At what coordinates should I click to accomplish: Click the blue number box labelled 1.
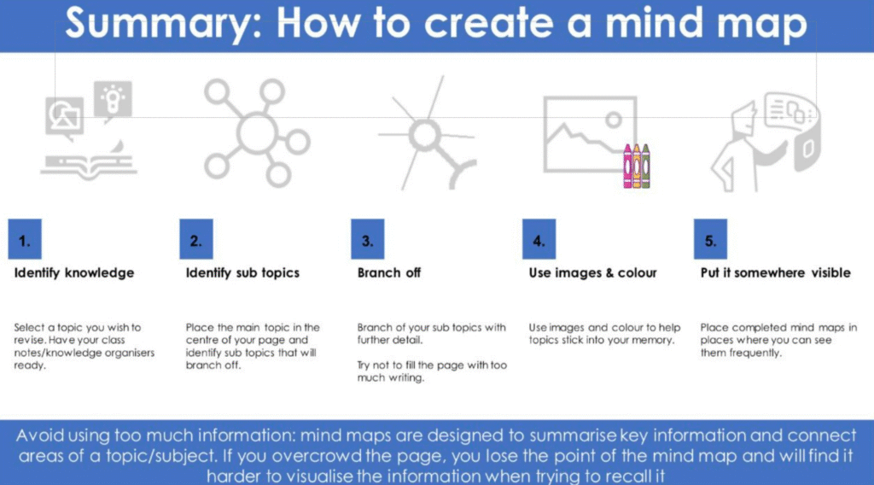(25, 239)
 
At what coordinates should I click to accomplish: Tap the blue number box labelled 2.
(196, 239)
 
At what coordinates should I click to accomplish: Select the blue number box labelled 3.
(367, 239)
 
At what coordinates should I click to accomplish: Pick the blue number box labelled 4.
(539, 239)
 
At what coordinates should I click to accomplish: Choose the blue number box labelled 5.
(710, 239)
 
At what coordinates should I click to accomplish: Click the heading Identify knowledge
(74, 273)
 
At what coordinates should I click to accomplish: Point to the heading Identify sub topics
(242, 273)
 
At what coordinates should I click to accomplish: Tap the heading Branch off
(389, 272)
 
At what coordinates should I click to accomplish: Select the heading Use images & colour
(592, 273)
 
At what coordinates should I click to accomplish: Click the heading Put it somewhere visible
(775, 273)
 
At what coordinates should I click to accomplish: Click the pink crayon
(627, 167)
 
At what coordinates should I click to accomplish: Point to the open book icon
(89, 164)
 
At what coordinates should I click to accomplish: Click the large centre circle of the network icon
(256, 132)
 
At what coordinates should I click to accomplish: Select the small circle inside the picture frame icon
(614, 120)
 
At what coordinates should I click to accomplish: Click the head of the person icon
(743, 119)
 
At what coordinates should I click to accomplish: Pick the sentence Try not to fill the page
(432, 371)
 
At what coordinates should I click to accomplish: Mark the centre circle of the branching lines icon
(425, 135)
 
